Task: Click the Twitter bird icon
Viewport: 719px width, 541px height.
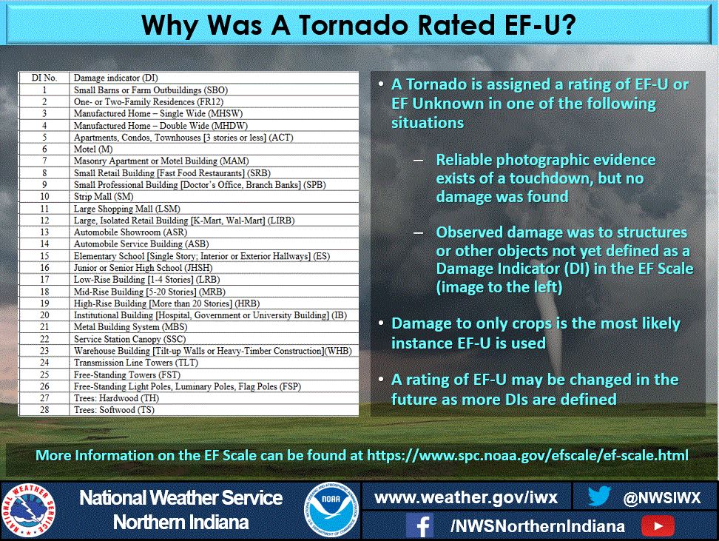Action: [x=599, y=496]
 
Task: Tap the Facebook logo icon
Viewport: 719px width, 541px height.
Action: [x=420, y=525]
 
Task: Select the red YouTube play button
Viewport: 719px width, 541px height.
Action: [x=658, y=526]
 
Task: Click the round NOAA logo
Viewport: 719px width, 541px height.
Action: [x=331, y=510]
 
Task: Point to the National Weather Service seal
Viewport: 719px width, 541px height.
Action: [x=28, y=510]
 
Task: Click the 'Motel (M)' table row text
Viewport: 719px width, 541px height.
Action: [x=93, y=149]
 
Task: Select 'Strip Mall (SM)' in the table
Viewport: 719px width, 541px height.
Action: [x=104, y=196]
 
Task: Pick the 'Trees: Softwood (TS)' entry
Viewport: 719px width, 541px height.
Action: [x=114, y=410]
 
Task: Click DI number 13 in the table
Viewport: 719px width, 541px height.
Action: [x=44, y=232]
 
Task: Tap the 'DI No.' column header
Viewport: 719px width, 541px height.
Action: [x=44, y=78]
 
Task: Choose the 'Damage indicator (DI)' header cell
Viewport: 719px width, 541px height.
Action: [x=116, y=78]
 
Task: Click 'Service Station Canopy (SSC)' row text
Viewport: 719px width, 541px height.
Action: [x=129, y=339]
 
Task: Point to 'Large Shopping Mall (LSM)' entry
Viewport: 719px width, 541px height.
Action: [x=127, y=208]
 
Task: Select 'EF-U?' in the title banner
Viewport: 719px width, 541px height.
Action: [x=540, y=24]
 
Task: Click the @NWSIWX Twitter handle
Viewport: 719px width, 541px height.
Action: [x=662, y=498]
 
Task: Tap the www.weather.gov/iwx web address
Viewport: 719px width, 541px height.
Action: [x=466, y=498]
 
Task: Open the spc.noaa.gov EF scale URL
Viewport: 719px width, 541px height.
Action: [x=528, y=456]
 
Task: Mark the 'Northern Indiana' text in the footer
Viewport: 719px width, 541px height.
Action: [x=180, y=522]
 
